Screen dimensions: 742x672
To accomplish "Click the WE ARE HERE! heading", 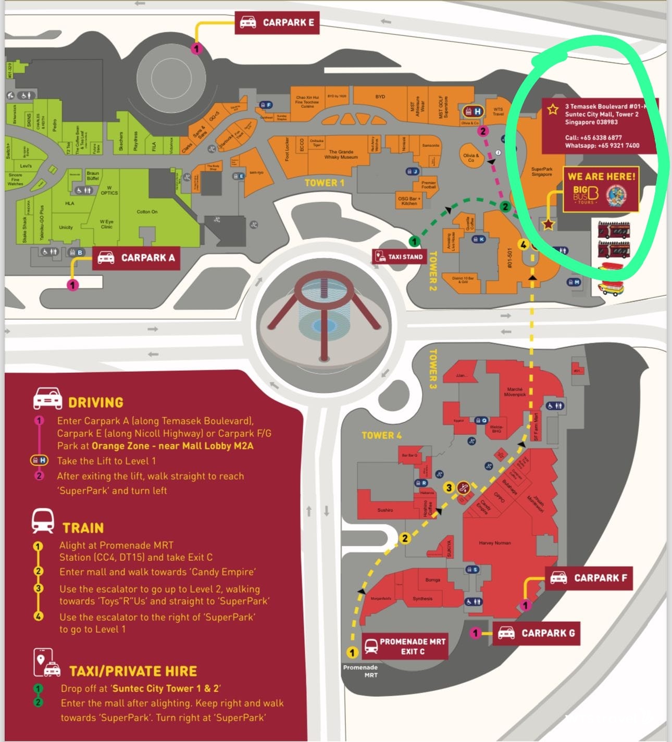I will (601, 177).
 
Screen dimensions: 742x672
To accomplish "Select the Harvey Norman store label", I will (494, 543).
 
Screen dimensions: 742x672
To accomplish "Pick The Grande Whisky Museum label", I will (341, 155).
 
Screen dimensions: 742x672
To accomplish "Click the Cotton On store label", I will (147, 212).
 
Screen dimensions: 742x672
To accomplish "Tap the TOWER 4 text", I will (381, 435).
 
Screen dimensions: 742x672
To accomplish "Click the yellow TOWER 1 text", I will (324, 183).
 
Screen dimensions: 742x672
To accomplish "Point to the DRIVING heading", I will (96, 403).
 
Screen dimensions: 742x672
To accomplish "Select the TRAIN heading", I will (83, 528).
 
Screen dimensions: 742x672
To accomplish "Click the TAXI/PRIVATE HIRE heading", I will (133, 671).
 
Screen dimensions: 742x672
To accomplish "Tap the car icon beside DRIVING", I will (47, 399).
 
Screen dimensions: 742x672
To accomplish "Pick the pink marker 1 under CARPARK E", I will (196, 49).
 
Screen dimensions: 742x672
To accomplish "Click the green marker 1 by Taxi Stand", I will (414, 241).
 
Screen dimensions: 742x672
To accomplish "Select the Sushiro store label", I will (385, 510).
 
